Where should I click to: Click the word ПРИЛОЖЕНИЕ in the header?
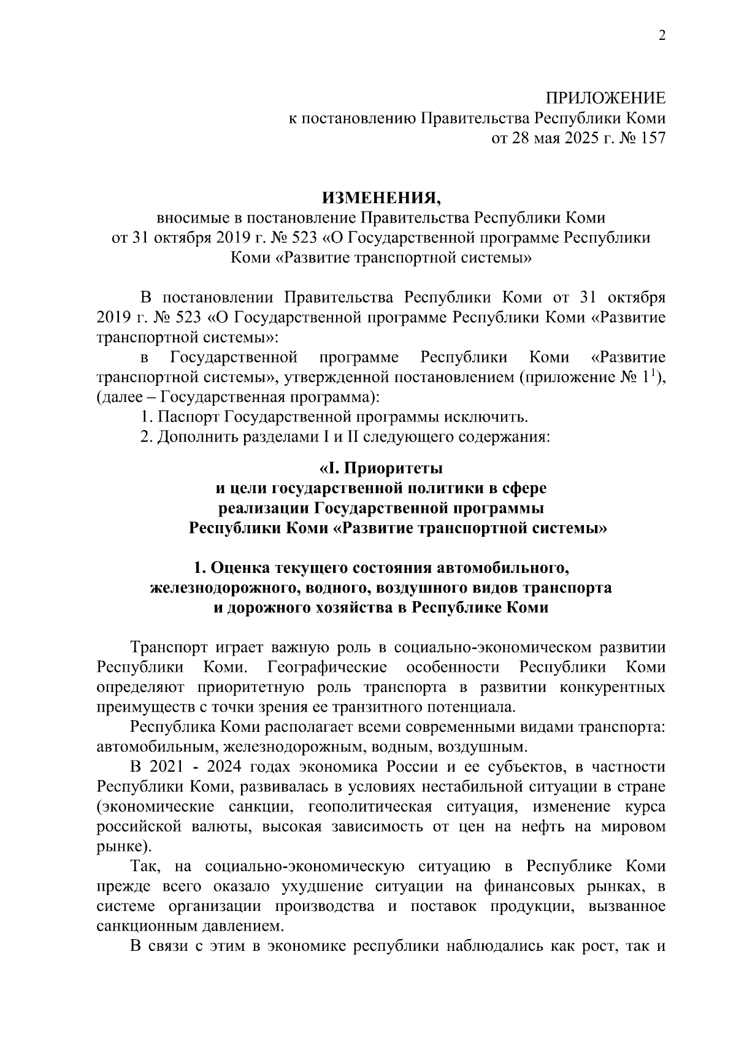[605, 98]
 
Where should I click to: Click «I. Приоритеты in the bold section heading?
[380, 469]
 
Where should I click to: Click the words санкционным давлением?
[190, 925]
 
